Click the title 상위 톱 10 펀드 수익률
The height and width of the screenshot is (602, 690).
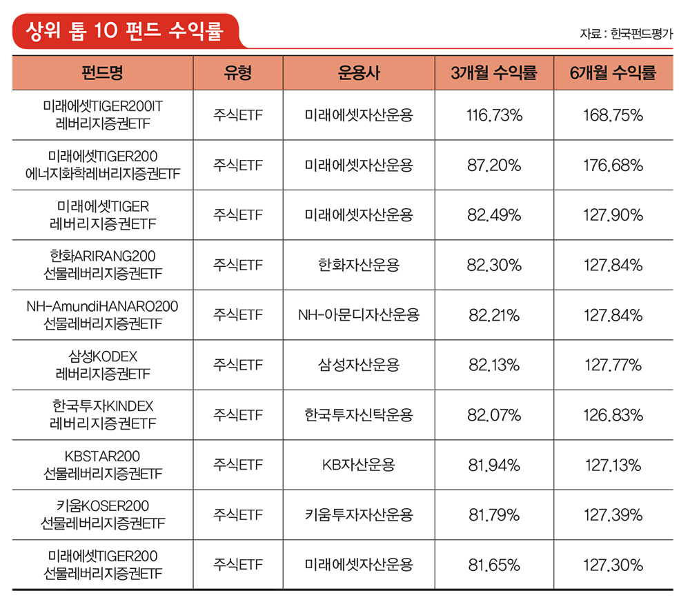124,31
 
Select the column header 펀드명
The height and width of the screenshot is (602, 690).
102,72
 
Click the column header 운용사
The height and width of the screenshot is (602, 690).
359,72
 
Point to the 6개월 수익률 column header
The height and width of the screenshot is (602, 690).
613,72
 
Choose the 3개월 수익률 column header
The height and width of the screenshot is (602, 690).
493,72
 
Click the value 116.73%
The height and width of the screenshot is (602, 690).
494,115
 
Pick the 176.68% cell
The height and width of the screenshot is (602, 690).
613,165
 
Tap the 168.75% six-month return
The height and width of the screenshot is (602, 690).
613,115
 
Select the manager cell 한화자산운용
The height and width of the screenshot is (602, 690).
359,265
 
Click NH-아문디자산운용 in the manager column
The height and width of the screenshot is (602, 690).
359,315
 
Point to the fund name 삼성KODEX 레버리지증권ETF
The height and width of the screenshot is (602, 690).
102,365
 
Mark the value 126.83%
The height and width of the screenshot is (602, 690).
613,415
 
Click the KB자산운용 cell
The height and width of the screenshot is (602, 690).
359,465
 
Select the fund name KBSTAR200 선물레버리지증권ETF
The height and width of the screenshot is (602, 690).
102,465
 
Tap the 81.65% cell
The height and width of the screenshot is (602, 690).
494,565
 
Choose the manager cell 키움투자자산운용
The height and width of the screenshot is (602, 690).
359,515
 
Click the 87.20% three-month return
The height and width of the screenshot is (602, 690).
494,165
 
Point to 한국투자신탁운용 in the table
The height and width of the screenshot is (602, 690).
359,415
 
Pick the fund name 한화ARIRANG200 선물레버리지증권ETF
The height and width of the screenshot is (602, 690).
102,265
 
